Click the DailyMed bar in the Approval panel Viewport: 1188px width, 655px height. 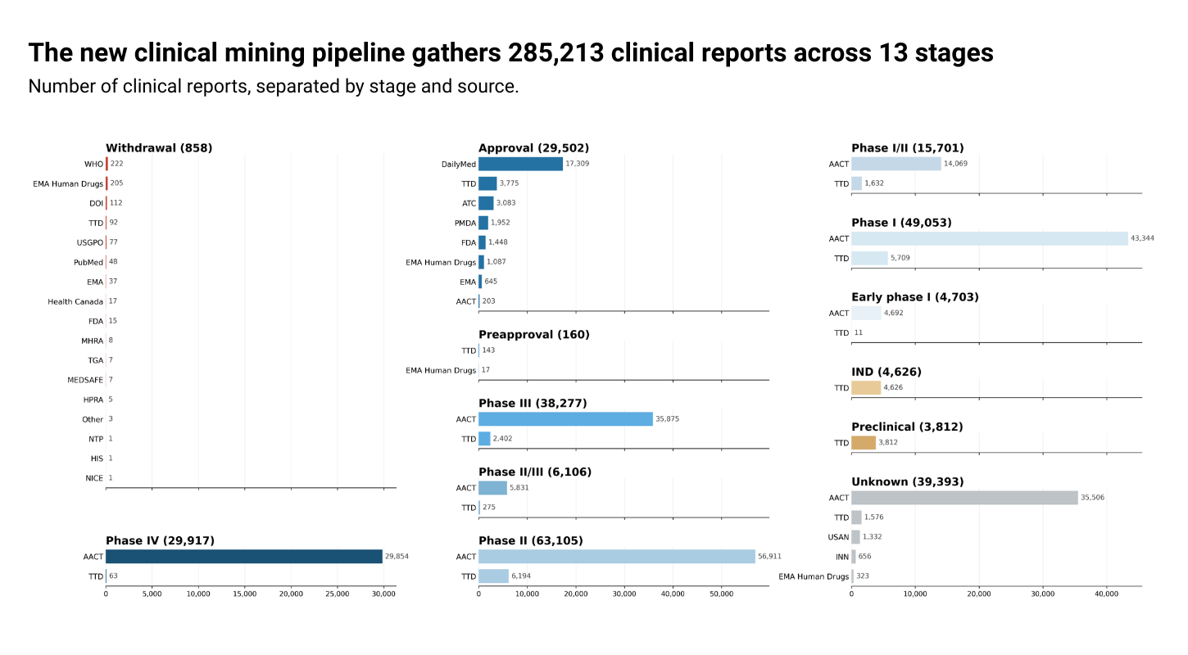pyautogui.click(x=520, y=164)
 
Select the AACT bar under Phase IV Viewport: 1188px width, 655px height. pyautogui.click(x=244, y=557)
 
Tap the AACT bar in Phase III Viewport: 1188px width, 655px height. pyautogui.click(x=565, y=419)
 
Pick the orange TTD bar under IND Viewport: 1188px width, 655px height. pyautogui.click(x=866, y=388)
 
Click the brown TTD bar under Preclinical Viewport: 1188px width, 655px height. pyautogui.click(x=864, y=443)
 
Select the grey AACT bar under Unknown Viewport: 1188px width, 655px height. pyautogui.click(x=964, y=498)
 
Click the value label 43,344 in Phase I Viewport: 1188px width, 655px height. pyautogui.click(x=1144, y=239)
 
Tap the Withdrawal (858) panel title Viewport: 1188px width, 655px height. pyautogui.click(x=159, y=148)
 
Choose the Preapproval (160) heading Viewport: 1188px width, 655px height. pyautogui.click(x=533, y=334)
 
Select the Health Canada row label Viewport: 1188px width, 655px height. pyautogui.click(x=75, y=302)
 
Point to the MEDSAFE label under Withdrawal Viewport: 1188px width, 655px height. pyautogui.click(x=85, y=381)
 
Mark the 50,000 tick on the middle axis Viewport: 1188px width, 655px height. pyautogui.click(x=721, y=594)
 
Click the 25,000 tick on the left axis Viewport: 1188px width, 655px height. pyautogui.click(x=291, y=594)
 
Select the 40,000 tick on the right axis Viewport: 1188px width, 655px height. pyautogui.click(x=1106, y=594)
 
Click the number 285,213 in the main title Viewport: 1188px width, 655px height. pyautogui.click(x=555, y=53)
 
